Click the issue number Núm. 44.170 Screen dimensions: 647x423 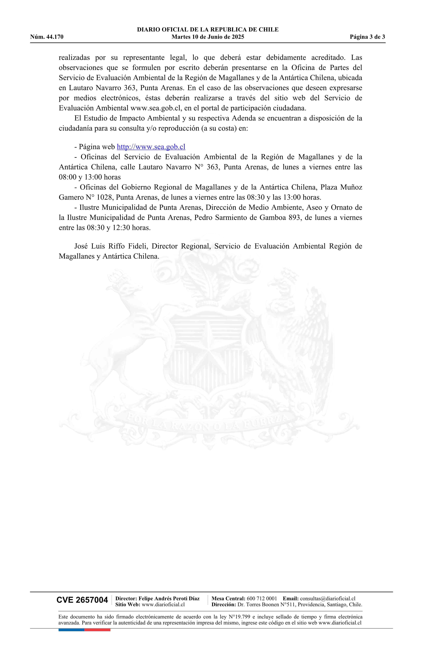click(47, 37)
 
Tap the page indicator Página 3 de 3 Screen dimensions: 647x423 click(367, 37)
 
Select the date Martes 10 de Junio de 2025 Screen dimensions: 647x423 click(208, 37)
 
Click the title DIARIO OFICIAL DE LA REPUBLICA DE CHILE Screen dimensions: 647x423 click(208, 30)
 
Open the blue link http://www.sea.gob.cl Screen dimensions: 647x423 click(151, 147)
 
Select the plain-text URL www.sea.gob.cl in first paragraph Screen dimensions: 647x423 click(155, 108)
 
